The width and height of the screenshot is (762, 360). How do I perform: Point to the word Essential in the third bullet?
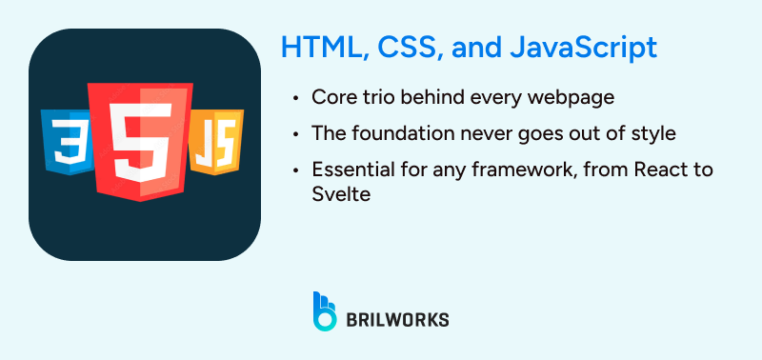tap(349, 170)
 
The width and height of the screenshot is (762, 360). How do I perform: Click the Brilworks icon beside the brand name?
tap(326, 311)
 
